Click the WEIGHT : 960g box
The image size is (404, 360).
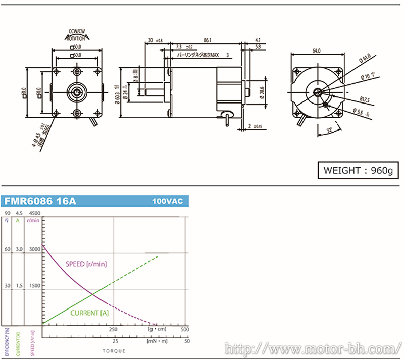pyautogui.click(x=358, y=170)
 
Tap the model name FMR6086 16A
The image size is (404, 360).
pyautogui.click(x=40, y=201)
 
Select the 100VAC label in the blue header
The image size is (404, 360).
pyautogui.click(x=167, y=201)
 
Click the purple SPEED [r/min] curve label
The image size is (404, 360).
pyautogui.click(x=86, y=264)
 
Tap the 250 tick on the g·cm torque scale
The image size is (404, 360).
pyautogui.click(x=113, y=329)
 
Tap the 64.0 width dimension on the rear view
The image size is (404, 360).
pyautogui.click(x=317, y=51)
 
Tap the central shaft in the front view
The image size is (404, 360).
pyautogui.click(x=77, y=91)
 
